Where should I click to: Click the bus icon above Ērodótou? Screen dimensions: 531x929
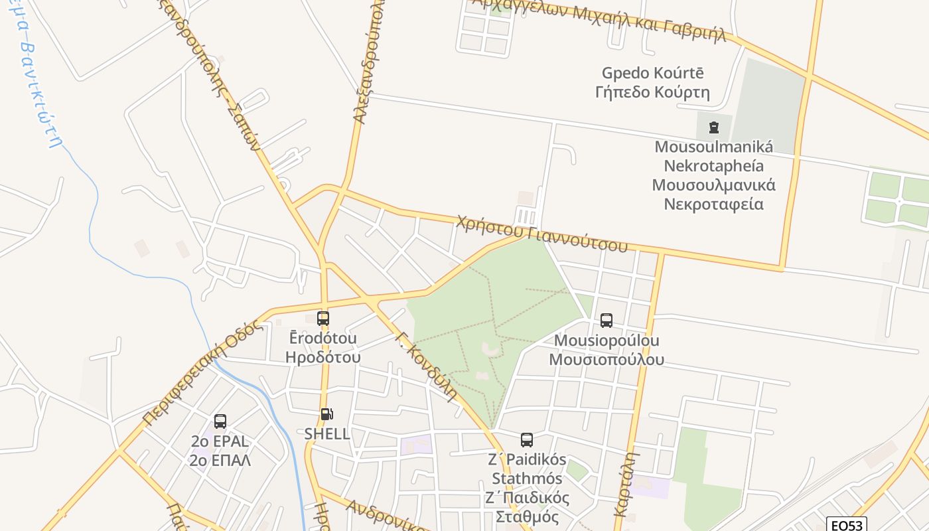(x=323, y=319)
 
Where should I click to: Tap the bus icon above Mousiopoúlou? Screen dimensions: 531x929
(x=606, y=321)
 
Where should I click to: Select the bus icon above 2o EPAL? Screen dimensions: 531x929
(x=220, y=421)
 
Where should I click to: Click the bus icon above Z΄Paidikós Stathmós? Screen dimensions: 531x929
(x=527, y=439)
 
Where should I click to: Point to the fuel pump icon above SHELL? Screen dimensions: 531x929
(x=326, y=414)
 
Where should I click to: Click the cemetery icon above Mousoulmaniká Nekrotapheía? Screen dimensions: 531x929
(x=714, y=127)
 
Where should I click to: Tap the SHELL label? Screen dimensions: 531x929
(x=326, y=434)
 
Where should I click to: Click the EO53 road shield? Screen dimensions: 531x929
(x=848, y=525)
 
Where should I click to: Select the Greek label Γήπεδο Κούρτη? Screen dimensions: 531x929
(x=653, y=92)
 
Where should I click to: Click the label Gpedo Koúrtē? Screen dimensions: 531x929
(x=653, y=73)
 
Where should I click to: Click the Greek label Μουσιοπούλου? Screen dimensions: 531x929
(x=607, y=360)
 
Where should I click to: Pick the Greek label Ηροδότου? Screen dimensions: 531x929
(x=323, y=357)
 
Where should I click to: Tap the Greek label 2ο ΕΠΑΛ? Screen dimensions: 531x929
(x=220, y=460)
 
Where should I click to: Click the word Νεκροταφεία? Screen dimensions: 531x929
(x=713, y=204)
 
